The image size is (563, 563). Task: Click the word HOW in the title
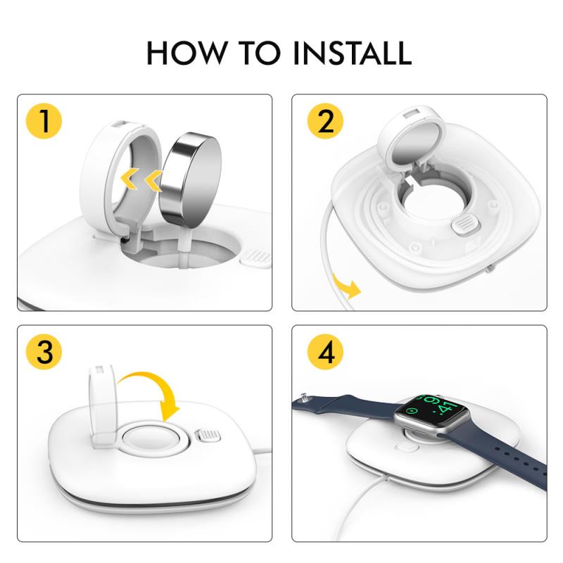pyautogui.click(x=187, y=53)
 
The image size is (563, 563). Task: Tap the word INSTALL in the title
pyautogui.click(x=353, y=53)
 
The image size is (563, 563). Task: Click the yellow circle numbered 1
pyautogui.click(x=44, y=121)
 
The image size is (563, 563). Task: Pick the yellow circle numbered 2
pyautogui.click(x=325, y=121)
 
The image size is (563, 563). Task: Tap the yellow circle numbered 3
pyautogui.click(x=44, y=352)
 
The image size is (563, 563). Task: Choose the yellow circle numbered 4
pyautogui.click(x=325, y=352)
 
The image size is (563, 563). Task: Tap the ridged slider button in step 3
pyautogui.click(x=207, y=436)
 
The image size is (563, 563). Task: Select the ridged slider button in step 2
pyautogui.click(x=466, y=224)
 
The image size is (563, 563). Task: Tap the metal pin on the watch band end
pyautogui.click(x=304, y=397)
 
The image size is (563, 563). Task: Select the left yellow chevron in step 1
pyautogui.click(x=129, y=178)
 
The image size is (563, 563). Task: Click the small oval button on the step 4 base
pyautogui.click(x=406, y=448)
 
